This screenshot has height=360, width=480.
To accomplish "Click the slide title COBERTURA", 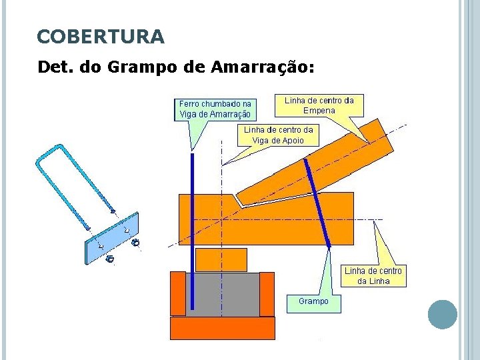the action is [x=101, y=36].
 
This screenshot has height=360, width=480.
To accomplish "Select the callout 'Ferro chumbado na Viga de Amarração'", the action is [x=215, y=109].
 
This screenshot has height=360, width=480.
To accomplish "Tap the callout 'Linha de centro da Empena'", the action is [x=319, y=105].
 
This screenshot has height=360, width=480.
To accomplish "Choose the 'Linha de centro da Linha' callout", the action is [x=373, y=275].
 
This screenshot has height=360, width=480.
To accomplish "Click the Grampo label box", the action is [x=313, y=301].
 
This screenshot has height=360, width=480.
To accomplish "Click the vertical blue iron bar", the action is [x=192, y=233].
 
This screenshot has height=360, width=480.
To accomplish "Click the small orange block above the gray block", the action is [x=221, y=259].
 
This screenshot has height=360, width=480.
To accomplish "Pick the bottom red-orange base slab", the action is [x=223, y=328].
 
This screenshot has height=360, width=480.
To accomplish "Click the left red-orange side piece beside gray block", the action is [x=178, y=293].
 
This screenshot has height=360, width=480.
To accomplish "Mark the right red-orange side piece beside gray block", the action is [x=267, y=293].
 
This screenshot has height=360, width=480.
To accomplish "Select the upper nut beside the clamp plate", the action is [x=136, y=243].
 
